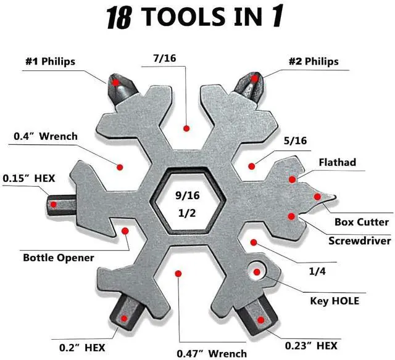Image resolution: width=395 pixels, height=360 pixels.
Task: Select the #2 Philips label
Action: pyautogui.click(x=314, y=62)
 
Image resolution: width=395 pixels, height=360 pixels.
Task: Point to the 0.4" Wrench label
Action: pyautogui.click(x=45, y=136)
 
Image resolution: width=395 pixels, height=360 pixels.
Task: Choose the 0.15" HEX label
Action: pyautogui.click(x=28, y=178)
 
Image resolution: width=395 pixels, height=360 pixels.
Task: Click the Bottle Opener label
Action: pyautogui.click(x=58, y=257)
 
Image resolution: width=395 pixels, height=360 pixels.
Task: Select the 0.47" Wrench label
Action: pyautogui.click(x=212, y=353)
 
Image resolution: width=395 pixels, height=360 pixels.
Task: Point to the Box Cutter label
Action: pyautogui.click(x=362, y=222)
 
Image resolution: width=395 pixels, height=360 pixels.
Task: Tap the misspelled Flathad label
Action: pyautogui.click(x=337, y=163)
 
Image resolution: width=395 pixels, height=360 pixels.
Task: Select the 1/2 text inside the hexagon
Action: pyautogui.click(x=186, y=214)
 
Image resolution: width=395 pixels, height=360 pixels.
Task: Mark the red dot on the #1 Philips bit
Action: pyautogui.click(x=115, y=81)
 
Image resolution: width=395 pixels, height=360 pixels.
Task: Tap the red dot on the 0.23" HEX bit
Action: pyautogui.click(x=262, y=320)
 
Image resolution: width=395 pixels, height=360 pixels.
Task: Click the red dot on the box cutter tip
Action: pyautogui.click(x=318, y=197)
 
